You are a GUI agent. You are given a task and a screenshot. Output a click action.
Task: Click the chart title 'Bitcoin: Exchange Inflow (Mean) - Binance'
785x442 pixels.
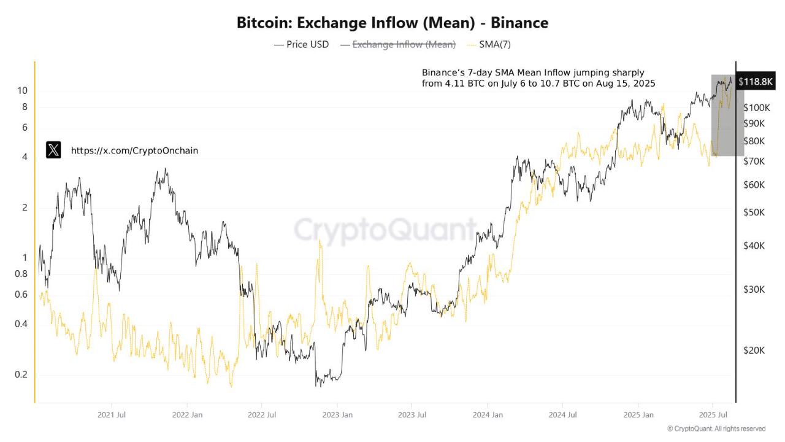[x=392, y=23]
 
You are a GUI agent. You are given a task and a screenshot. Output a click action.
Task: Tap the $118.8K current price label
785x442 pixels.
[x=756, y=82]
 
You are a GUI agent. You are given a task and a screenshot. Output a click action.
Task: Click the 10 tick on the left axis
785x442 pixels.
[x=22, y=91]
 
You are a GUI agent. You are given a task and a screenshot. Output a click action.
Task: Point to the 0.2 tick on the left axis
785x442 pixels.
[x=21, y=374]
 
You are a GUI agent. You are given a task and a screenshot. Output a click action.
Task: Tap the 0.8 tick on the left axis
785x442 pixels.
[x=21, y=274]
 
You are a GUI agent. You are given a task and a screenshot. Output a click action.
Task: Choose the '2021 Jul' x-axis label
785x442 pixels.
[x=112, y=415]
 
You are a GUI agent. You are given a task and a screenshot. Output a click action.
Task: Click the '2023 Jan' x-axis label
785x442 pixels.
[x=337, y=415]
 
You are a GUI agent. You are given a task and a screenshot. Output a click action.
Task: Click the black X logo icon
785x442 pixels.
[x=53, y=150]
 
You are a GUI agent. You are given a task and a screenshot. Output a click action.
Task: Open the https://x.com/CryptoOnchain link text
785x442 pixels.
[x=134, y=150]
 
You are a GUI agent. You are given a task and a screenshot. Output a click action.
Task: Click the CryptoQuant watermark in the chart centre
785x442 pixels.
[x=385, y=230]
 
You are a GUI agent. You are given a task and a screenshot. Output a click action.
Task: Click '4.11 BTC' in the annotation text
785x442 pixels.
[x=466, y=83]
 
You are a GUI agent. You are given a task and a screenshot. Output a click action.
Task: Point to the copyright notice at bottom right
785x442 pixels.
[x=716, y=428]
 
